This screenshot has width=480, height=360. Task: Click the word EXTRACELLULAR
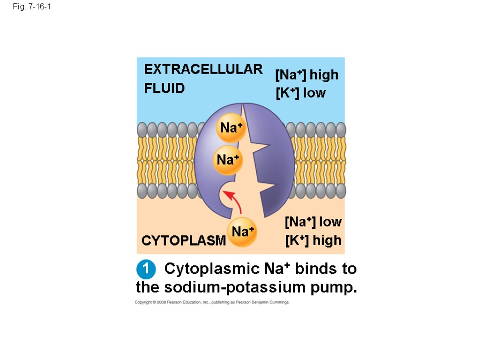click(x=203, y=69)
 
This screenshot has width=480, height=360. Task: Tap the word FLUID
click(x=164, y=88)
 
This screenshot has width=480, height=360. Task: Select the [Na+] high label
click(x=307, y=75)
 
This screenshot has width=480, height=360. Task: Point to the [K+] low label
click(x=300, y=93)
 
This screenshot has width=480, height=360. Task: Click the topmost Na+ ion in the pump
click(x=231, y=127)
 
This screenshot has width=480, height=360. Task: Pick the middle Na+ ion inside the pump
click(x=228, y=160)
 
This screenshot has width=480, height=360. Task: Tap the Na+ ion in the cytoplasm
click(x=242, y=232)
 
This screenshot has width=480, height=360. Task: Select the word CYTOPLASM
click(x=183, y=241)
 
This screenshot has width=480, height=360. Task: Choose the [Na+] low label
click(x=313, y=221)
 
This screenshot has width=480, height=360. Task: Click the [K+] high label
click(x=313, y=240)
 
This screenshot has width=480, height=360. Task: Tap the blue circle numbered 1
click(x=146, y=270)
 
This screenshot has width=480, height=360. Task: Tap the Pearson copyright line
click(x=212, y=302)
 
